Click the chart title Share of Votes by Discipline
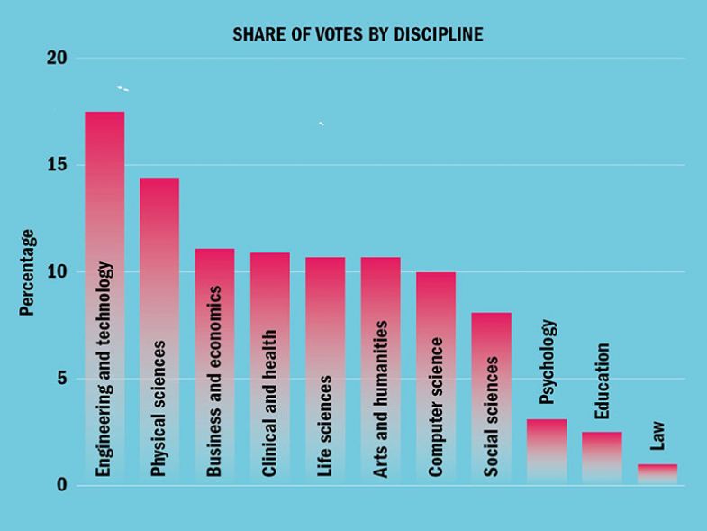coord(358,35)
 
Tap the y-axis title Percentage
coord(28,272)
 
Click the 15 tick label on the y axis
coord(57,166)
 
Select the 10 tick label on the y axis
coord(57,272)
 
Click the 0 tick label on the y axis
coord(61,485)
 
